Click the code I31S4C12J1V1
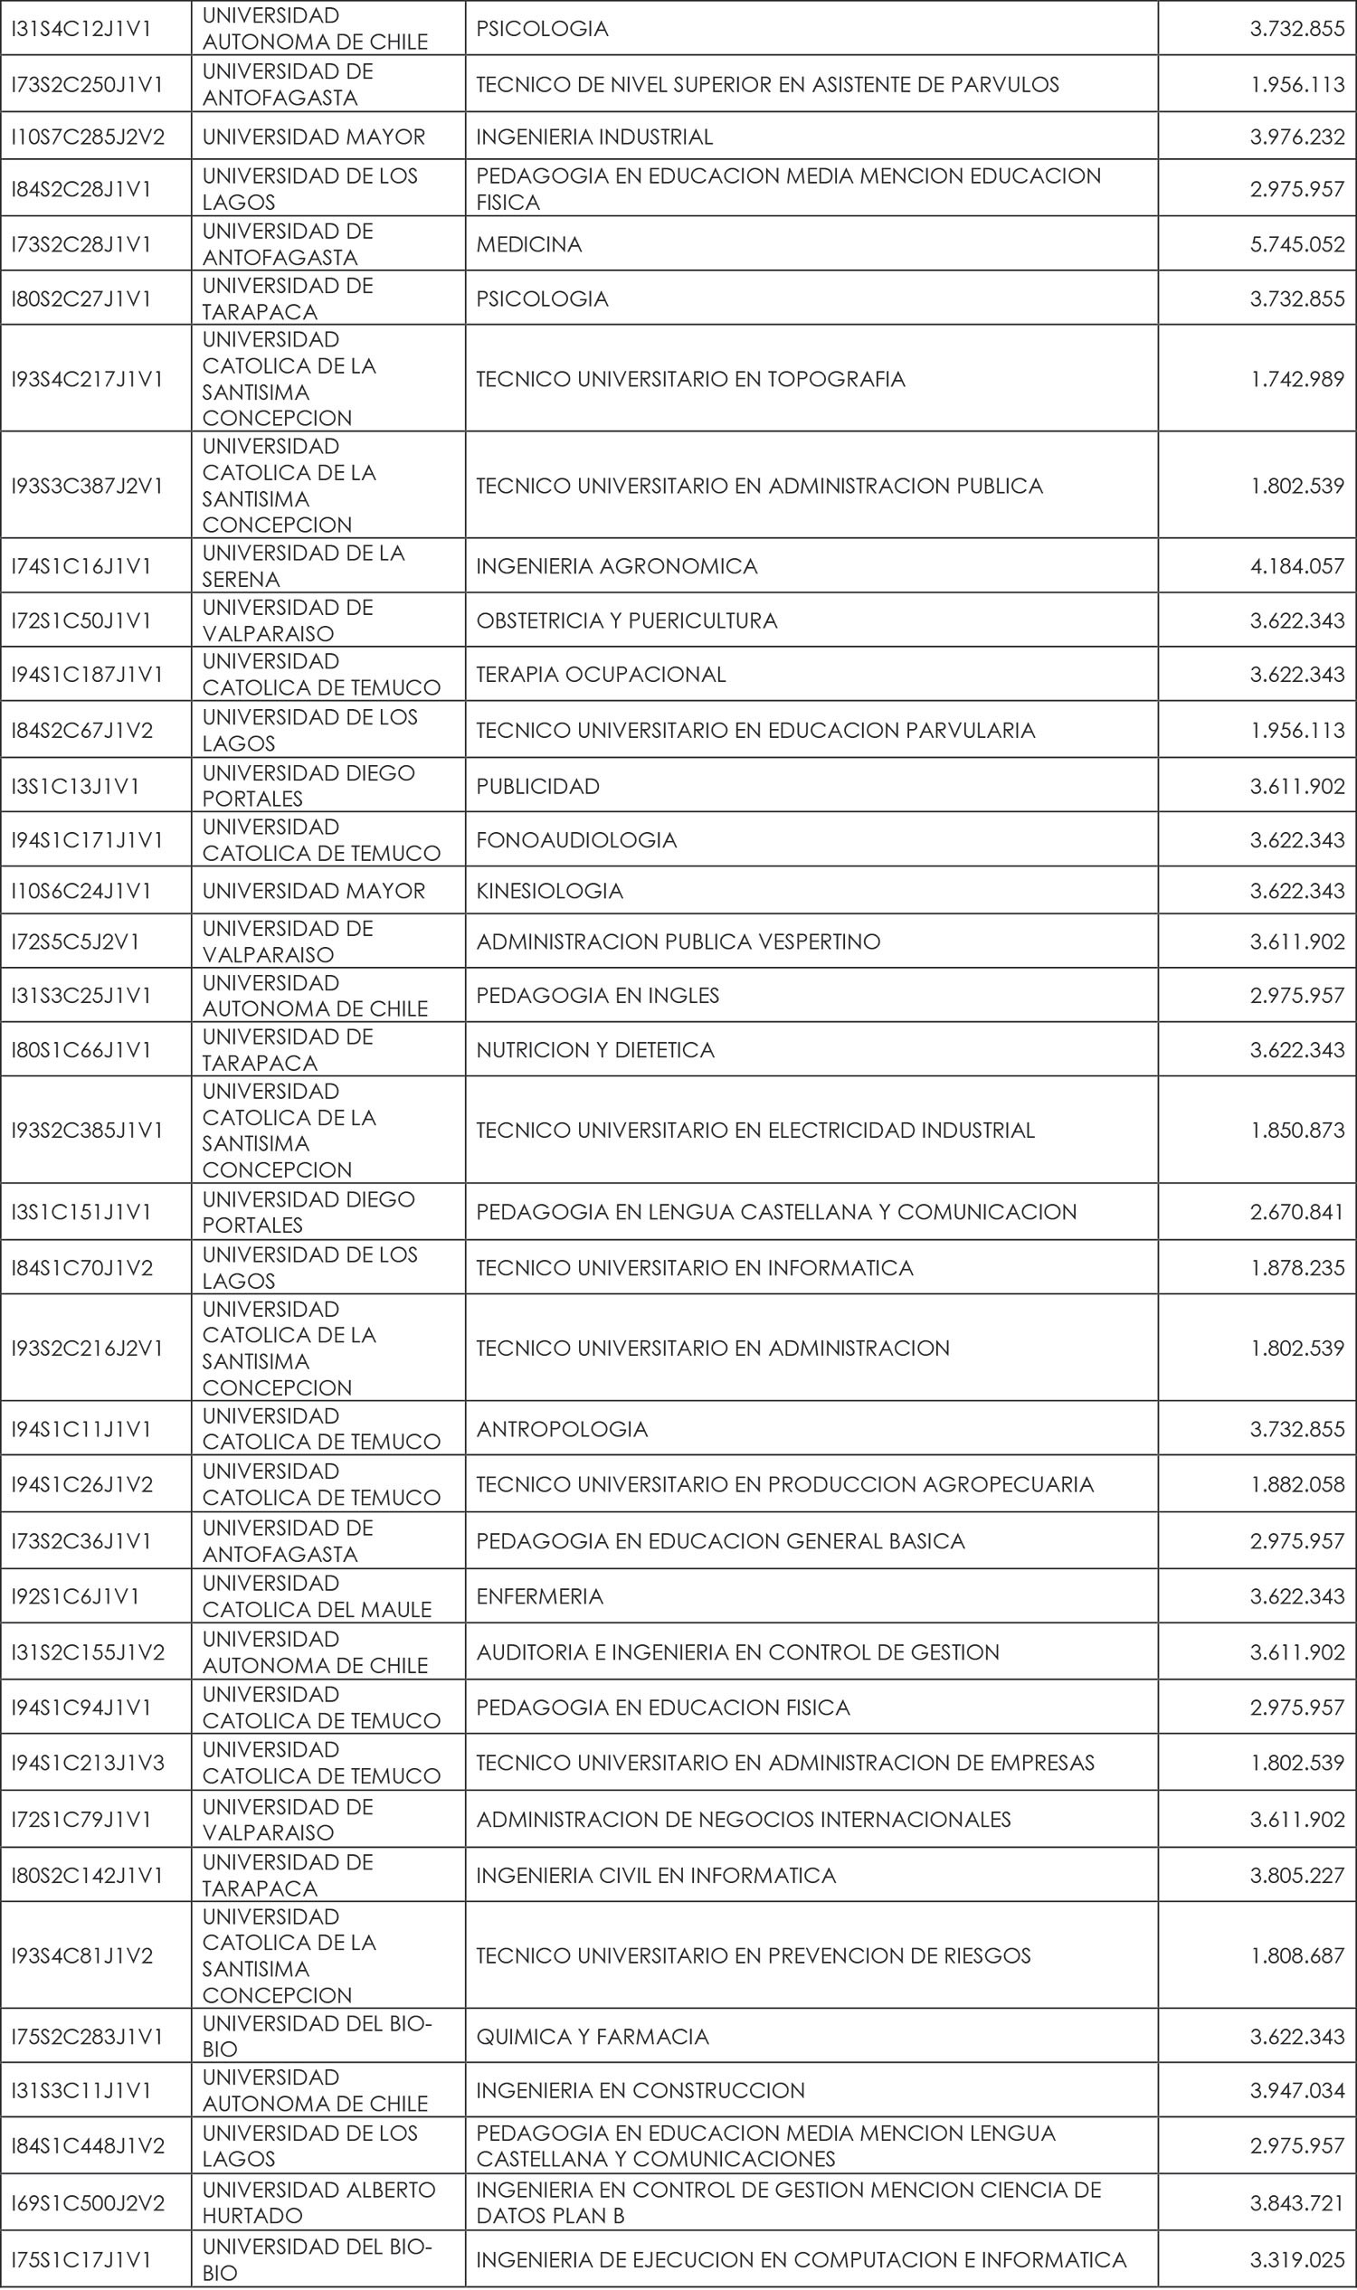pos(81,29)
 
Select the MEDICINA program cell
pos(528,244)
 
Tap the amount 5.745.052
pos(1296,244)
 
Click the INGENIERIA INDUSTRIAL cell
pos(593,137)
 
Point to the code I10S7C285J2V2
pos(88,137)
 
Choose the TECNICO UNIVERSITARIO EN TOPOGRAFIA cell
pos(690,378)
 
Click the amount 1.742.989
pos(1296,378)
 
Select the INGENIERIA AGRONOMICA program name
pos(616,567)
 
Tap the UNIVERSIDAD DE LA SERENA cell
pos(303,566)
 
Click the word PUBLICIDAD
pos(537,786)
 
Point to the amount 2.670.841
pos(1296,1212)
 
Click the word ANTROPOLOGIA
pos(562,1429)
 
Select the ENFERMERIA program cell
pos(539,1596)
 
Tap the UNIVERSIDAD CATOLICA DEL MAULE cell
pos(317,1596)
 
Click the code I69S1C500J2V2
pos(88,2203)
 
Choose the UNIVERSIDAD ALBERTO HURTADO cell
pos(318,2203)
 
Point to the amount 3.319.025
pos(1296,2260)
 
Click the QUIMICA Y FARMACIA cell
pos(592,2037)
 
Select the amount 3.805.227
pos(1296,1875)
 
